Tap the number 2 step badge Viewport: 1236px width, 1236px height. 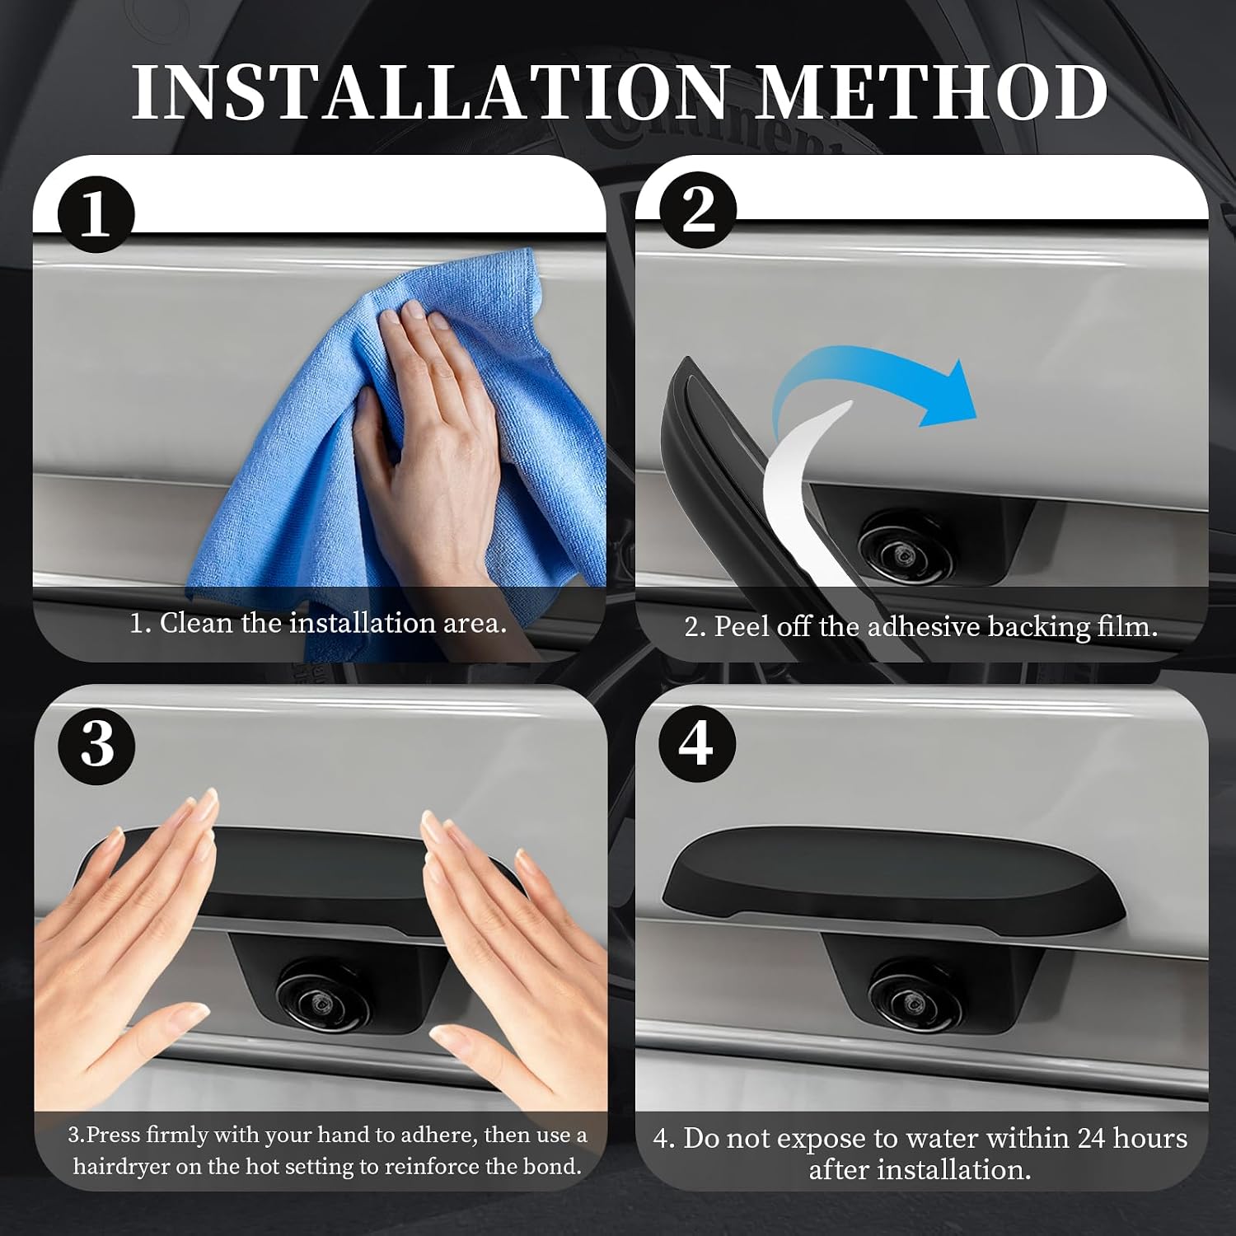tap(699, 210)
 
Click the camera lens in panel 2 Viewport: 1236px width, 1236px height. tap(906, 548)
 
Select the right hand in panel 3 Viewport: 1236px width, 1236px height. tap(519, 948)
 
